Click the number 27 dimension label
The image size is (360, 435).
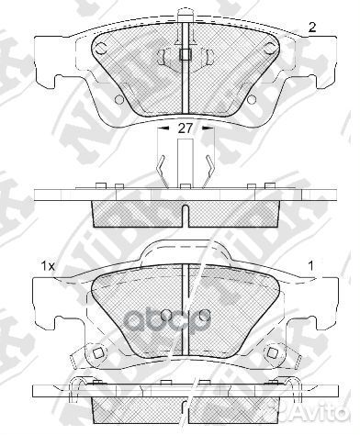[186, 130]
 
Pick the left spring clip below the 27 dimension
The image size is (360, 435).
[161, 167]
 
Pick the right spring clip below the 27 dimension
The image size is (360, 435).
[210, 167]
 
